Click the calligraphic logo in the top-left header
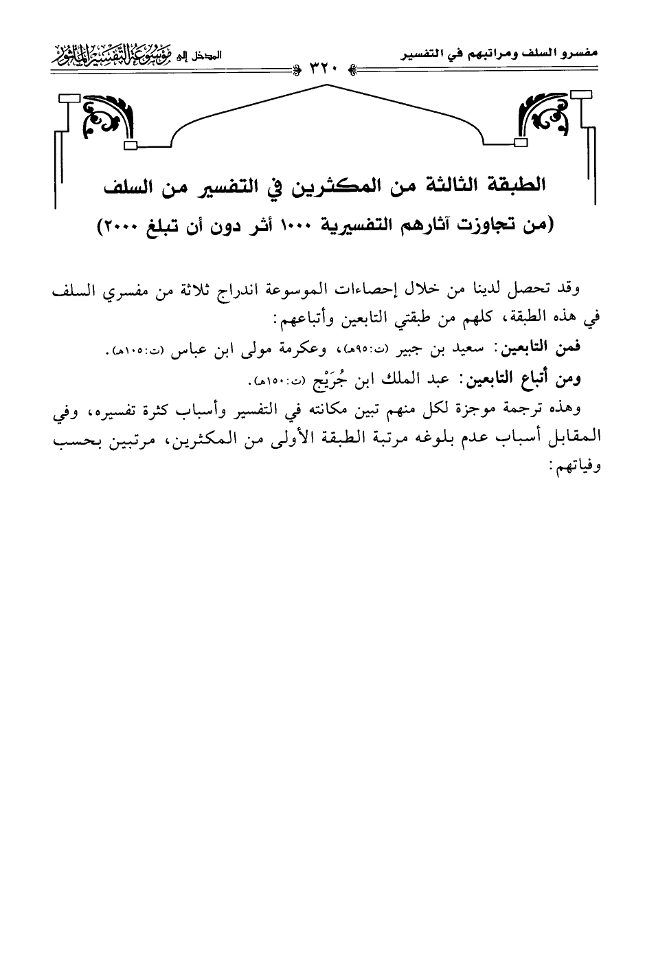123,51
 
